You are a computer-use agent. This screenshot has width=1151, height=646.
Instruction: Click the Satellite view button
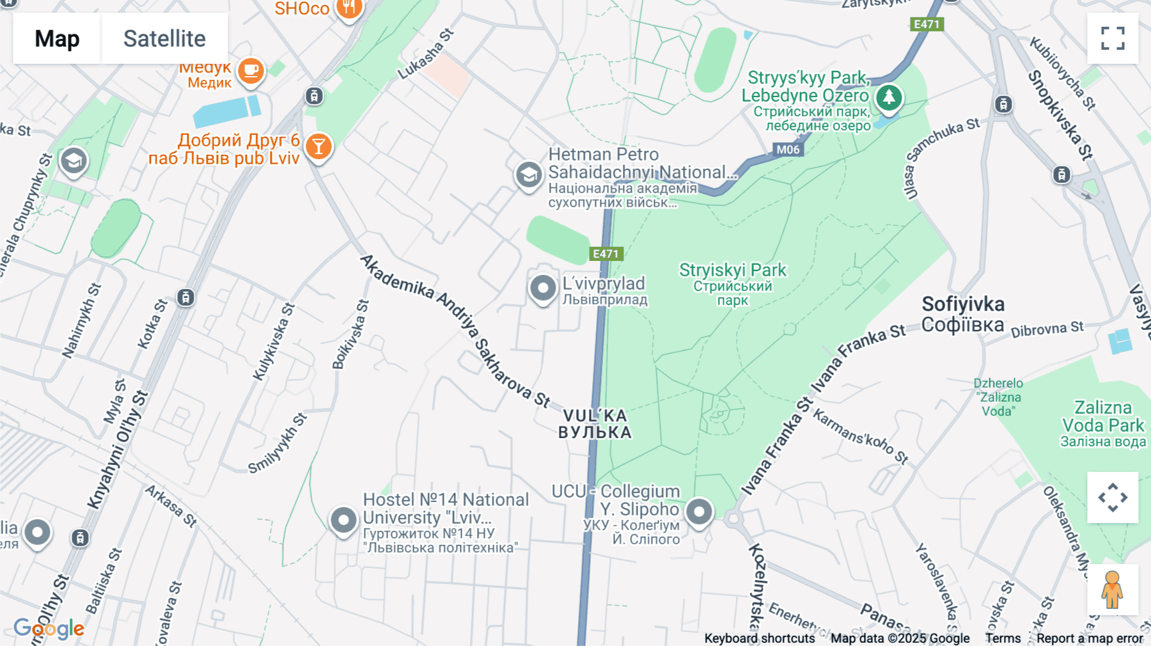click(164, 38)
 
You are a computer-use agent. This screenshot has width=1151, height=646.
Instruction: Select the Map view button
click(57, 38)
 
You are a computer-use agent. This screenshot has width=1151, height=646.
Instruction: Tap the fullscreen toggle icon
click(1113, 38)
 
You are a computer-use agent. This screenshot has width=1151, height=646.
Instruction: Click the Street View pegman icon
click(1112, 589)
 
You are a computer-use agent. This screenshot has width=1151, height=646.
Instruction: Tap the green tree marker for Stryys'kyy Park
click(889, 98)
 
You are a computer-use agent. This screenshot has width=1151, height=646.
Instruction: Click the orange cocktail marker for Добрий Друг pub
click(318, 147)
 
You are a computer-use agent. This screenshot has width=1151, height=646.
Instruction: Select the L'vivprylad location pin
click(543, 288)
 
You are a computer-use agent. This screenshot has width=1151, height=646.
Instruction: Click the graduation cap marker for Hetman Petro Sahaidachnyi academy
click(529, 174)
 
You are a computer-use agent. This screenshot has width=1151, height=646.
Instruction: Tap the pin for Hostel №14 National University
click(343, 520)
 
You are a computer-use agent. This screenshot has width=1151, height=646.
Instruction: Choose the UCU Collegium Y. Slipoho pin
click(699, 512)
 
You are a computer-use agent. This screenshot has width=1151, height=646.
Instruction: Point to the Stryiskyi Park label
click(733, 271)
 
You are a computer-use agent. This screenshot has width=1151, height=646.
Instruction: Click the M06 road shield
click(787, 150)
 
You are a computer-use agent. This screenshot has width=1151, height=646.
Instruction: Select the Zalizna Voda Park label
click(1102, 416)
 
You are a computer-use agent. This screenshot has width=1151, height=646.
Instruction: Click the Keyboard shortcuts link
click(759, 638)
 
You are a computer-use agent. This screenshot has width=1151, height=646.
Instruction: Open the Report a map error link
click(1090, 638)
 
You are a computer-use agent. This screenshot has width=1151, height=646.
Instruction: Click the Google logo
click(49, 629)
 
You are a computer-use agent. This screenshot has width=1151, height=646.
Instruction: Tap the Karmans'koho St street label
click(860, 436)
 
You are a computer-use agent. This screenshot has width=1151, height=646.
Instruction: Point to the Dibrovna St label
click(1047, 329)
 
